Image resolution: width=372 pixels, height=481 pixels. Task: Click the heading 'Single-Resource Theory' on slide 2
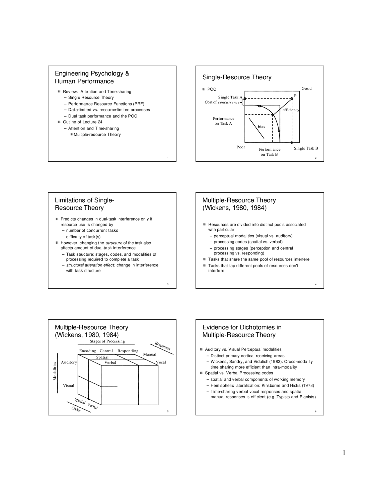(237, 77)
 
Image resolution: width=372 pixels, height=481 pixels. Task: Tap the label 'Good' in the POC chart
(306, 89)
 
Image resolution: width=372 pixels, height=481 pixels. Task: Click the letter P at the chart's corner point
(295, 96)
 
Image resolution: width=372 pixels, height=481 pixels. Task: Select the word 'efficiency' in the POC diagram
(291, 110)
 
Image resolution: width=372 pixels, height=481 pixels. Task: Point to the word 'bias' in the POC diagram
(261, 127)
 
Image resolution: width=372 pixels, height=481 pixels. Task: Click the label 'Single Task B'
(306, 148)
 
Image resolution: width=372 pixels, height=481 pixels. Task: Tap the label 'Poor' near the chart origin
(241, 147)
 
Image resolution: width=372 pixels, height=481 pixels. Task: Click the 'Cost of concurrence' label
(222, 102)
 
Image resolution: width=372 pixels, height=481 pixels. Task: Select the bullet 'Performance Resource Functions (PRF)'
(106, 104)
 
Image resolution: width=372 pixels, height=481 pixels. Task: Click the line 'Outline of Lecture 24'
(83, 122)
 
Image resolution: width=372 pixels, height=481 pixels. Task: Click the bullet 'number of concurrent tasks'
(92, 231)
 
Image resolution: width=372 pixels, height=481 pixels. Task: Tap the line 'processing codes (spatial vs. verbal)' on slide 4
(248, 242)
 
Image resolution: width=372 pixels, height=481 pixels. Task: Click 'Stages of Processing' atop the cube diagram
(107, 341)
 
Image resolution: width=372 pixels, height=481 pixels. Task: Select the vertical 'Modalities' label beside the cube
(55, 371)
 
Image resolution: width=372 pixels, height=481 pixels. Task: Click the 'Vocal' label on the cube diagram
(161, 362)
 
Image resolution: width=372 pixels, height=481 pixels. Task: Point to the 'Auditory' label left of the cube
(69, 362)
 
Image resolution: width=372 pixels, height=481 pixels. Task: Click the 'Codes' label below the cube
(76, 409)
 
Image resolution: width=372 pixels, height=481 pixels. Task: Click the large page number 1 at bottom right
(344, 453)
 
